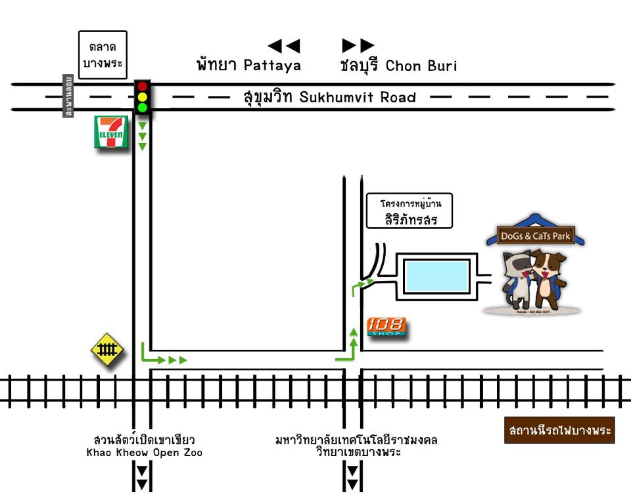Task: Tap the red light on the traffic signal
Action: coord(142,87)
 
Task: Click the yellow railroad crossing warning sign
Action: coord(107,349)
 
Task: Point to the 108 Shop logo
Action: coord(386,326)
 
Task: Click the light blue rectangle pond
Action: coord(436,276)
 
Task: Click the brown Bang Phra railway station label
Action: coord(559,430)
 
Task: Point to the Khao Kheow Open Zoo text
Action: coord(144,453)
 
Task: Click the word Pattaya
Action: coord(272,66)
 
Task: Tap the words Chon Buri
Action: coord(421,66)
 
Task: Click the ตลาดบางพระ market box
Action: coord(103,54)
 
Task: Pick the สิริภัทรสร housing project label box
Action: coord(411,211)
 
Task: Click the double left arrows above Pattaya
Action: coord(284,46)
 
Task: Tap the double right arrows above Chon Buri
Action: coord(358,46)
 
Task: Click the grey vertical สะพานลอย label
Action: coord(68,96)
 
